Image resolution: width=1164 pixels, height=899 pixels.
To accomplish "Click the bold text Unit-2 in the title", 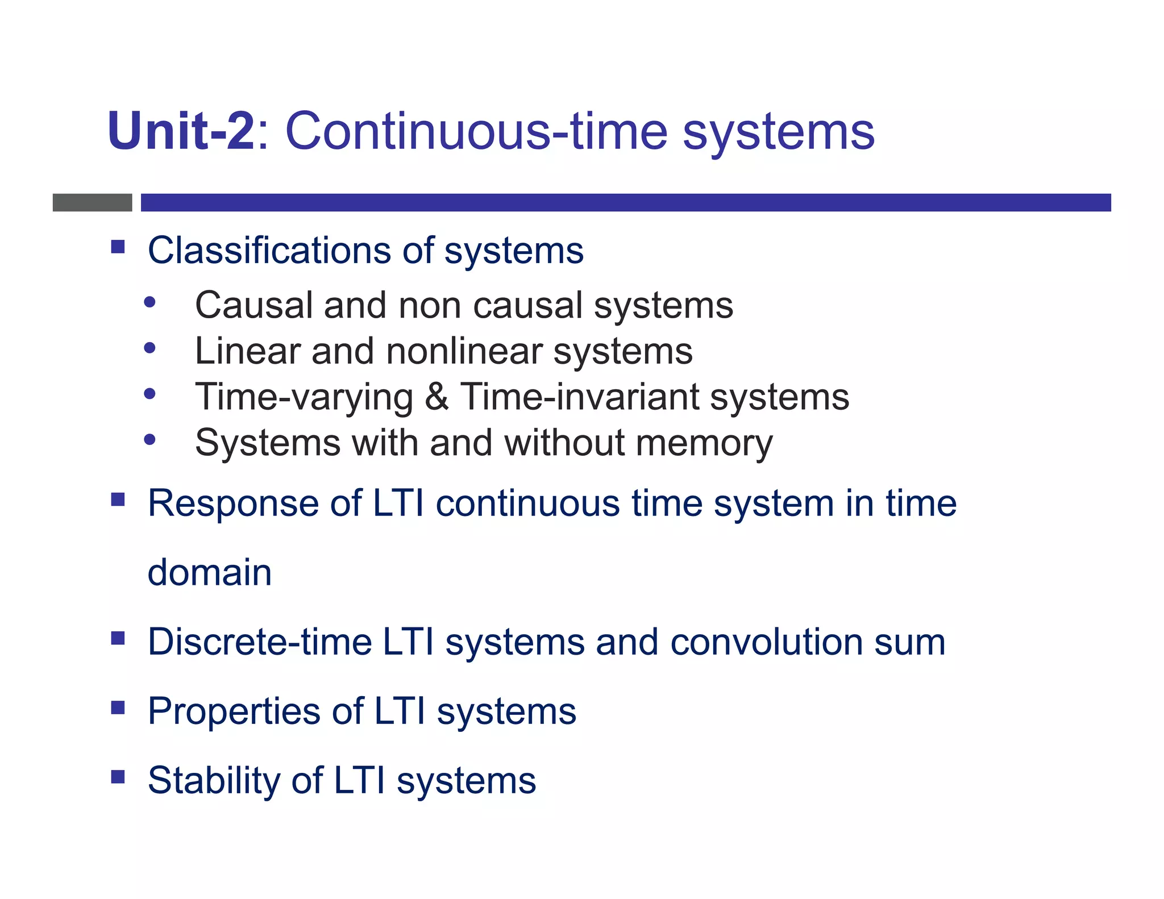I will pyautogui.click(x=181, y=131).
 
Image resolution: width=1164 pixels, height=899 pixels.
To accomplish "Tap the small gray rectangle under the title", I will pyautogui.click(x=92, y=202).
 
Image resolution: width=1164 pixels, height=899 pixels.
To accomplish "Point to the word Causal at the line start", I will pyautogui.click(x=253, y=305).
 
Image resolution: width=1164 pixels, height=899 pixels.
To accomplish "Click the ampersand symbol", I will pyautogui.click(x=436, y=397).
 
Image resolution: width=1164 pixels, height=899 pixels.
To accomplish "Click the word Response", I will pyautogui.click(x=232, y=503).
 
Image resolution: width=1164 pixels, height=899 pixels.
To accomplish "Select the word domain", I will pyautogui.click(x=210, y=572).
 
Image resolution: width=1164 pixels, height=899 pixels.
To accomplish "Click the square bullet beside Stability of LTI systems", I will pyautogui.click(x=118, y=776).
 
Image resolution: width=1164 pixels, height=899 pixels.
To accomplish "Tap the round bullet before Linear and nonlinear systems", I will pyautogui.click(x=149, y=348).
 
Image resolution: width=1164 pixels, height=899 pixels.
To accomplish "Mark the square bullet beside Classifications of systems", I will pyautogui.click(x=118, y=247).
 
